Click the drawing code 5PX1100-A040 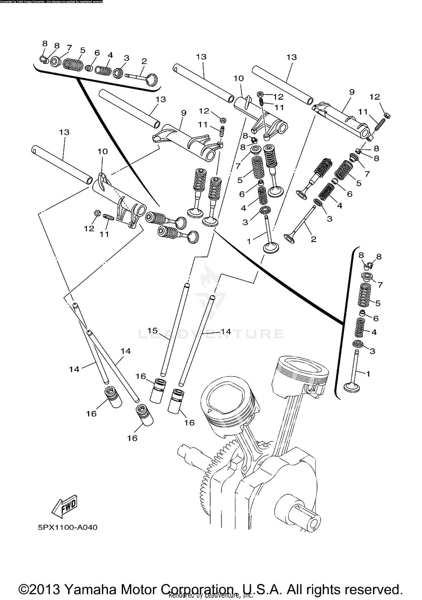68,527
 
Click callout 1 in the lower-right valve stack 368,374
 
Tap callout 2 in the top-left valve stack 144,61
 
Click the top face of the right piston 300,368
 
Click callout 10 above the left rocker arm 102,151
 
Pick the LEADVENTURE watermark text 211,334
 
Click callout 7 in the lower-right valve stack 380,285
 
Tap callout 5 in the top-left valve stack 82,50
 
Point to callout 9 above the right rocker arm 352,92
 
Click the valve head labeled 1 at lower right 352,387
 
